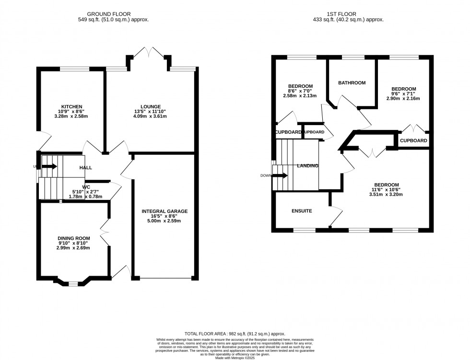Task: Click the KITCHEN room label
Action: pyautogui.click(x=71, y=106)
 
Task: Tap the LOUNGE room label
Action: pyautogui.click(x=151, y=106)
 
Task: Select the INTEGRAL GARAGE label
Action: pyautogui.click(x=164, y=211)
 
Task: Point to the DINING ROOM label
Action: pyautogui.click(x=74, y=238)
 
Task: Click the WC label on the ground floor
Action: pyautogui.click(x=86, y=187)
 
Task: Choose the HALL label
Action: pyautogui.click(x=86, y=167)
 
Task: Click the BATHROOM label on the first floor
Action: pyautogui.click(x=352, y=82)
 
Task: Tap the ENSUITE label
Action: pyautogui.click(x=302, y=211)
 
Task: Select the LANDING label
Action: pyautogui.click(x=307, y=166)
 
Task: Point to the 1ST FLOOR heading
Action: pyautogui.click(x=349, y=14)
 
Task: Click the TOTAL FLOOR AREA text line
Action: pyautogui.click(x=235, y=334)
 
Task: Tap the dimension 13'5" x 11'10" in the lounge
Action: pyautogui.click(x=151, y=112)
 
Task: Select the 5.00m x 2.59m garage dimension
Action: pyautogui.click(x=164, y=221)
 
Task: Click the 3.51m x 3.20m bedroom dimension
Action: pyautogui.click(x=386, y=195)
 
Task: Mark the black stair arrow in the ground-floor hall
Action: pyautogui.click(x=49, y=166)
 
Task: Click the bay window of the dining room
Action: pyautogui.click(x=72, y=283)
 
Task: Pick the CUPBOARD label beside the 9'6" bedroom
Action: pyautogui.click(x=413, y=140)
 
